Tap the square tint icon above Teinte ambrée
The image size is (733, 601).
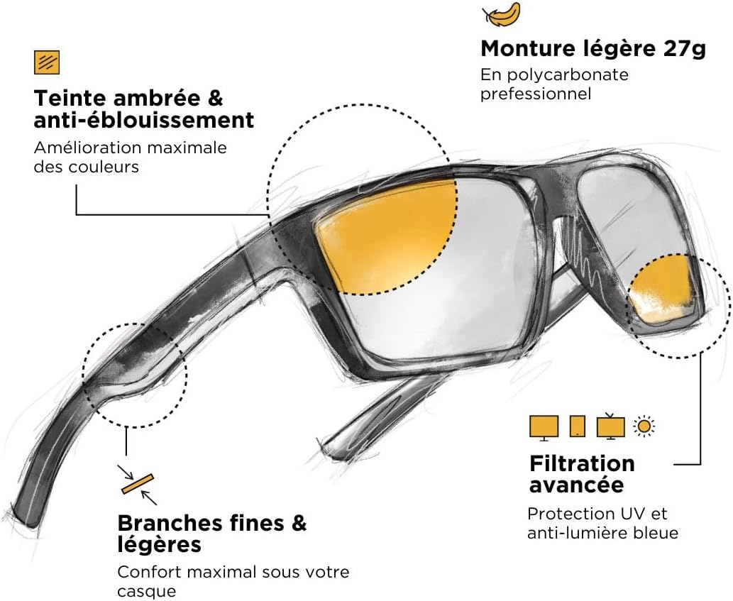(47, 62)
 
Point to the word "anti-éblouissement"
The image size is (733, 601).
(144, 120)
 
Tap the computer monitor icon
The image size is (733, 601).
(544, 428)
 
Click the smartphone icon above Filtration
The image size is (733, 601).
(578, 426)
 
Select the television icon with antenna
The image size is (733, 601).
(610, 426)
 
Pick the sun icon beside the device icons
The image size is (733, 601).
(644, 426)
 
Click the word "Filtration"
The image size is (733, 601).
(582, 463)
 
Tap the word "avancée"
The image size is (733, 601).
(576, 485)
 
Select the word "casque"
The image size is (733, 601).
(146, 591)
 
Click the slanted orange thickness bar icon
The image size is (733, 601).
(138, 484)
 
